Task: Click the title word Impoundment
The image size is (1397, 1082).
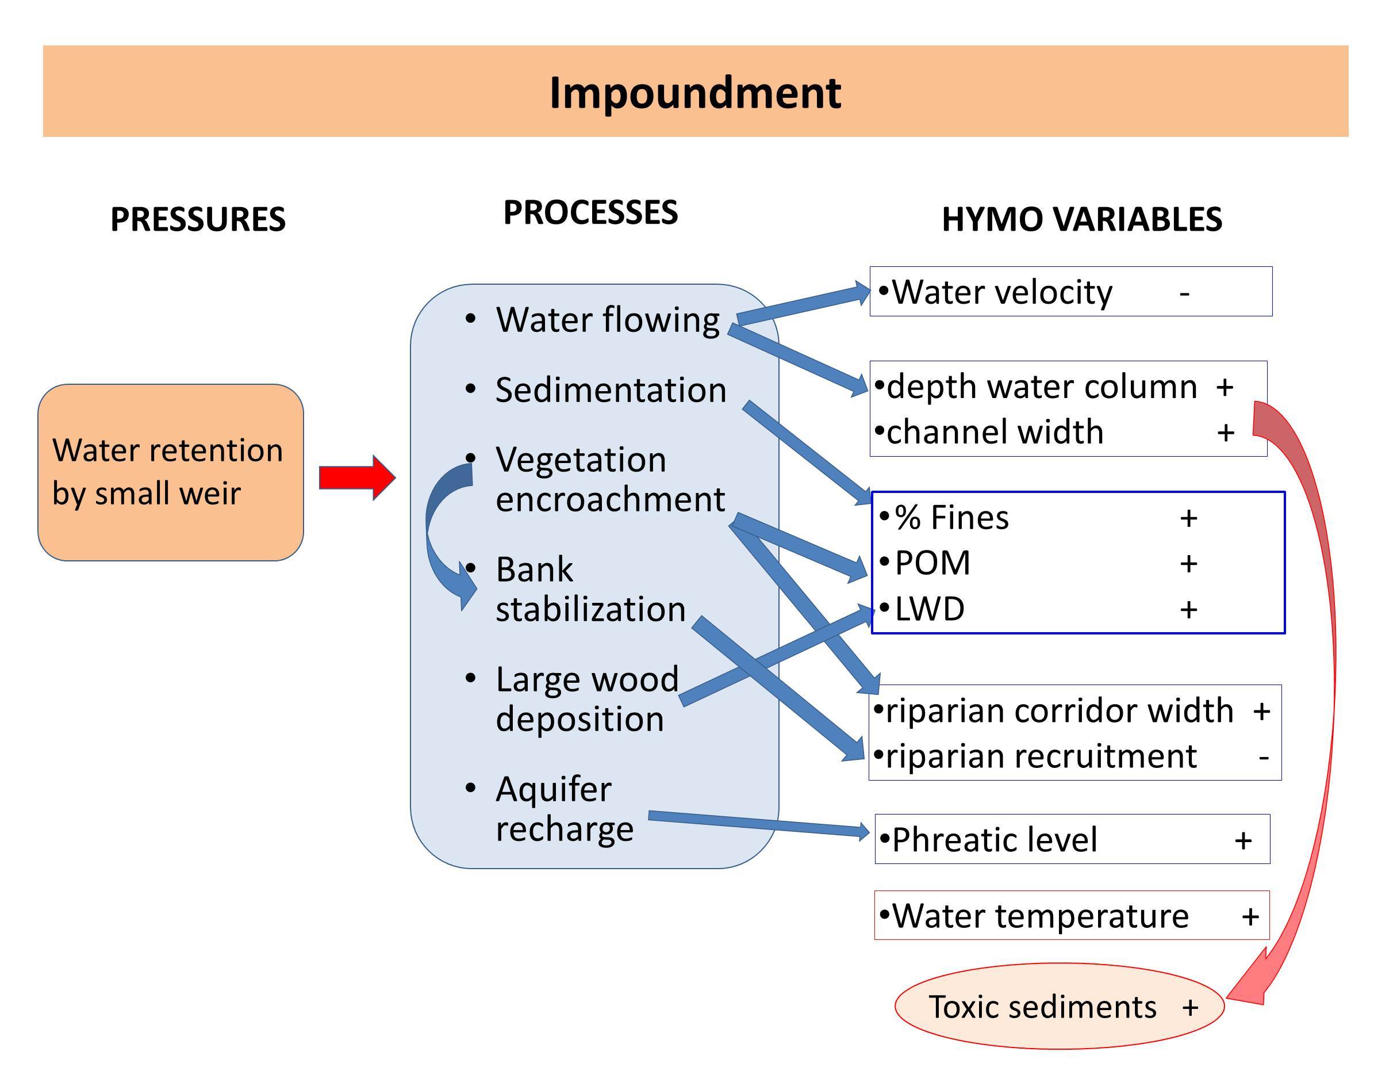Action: pos(694,93)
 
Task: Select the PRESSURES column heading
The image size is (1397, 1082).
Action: pos(198,220)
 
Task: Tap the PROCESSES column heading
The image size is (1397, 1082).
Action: pos(590,212)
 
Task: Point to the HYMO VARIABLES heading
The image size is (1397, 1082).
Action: pos(1081,220)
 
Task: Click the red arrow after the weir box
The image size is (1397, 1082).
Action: pos(357,477)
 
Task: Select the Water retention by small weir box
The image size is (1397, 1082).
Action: pos(170,472)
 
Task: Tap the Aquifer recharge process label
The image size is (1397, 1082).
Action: pos(564,809)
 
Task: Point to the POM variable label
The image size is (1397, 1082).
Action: pos(932,564)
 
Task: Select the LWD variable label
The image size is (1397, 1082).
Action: pos(929,609)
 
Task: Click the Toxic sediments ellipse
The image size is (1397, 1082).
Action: pos(1058,1007)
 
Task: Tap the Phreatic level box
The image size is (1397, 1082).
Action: pos(1072,839)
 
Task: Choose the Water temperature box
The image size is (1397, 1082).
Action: pos(1072,916)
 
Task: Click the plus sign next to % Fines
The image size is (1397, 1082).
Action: pos(1188,518)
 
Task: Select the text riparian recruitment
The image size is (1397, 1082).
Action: pos(1041,757)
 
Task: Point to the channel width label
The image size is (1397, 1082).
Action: pos(995,433)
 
